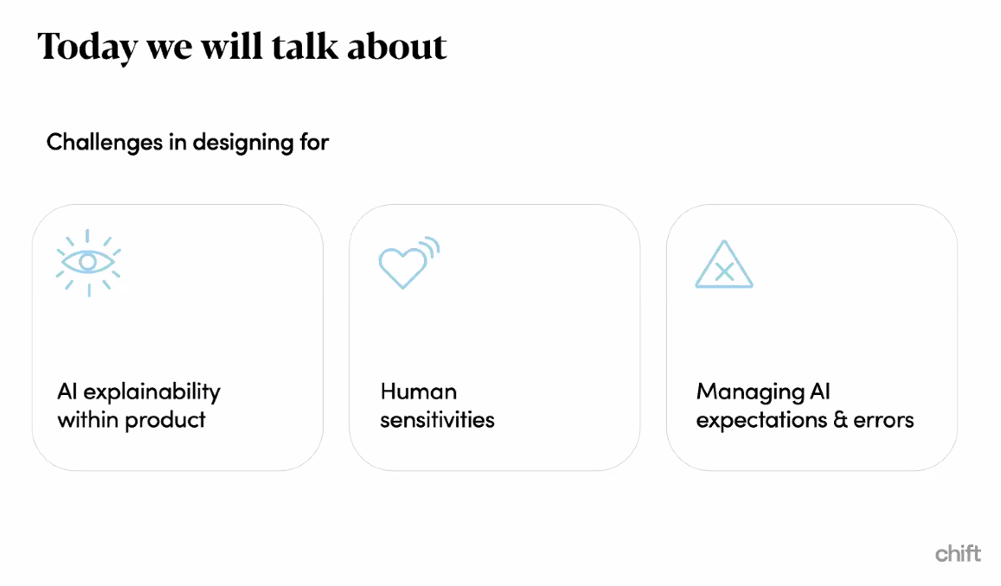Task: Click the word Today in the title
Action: click(x=87, y=48)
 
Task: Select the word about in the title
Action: click(x=396, y=46)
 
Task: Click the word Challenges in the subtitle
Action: click(x=105, y=143)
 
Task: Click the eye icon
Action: click(x=88, y=262)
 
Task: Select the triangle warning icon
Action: click(x=724, y=264)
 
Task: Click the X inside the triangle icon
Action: click(x=724, y=272)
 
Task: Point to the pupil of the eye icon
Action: click(x=87, y=262)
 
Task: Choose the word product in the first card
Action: click(x=165, y=420)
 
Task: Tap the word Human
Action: click(x=419, y=392)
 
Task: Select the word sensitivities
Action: click(x=437, y=420)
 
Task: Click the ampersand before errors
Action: click(x=841, y=419)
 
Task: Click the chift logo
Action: click(x=958, y=553)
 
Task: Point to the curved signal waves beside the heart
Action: click(x=432, y=247)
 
